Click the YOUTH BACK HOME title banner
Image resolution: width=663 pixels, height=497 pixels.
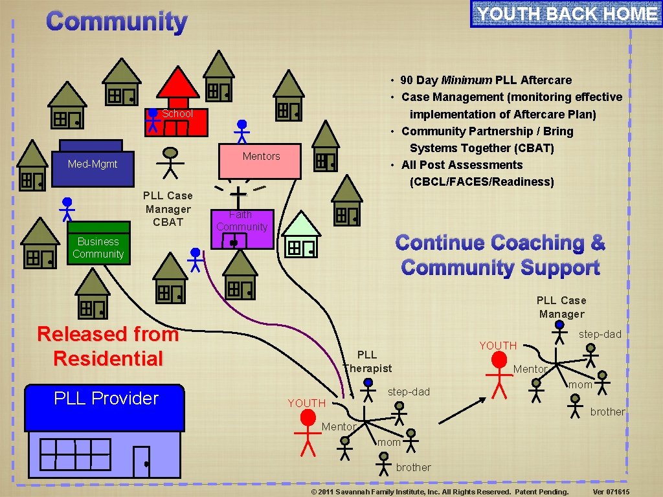(567, 14)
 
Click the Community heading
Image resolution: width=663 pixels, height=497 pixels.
(117, 21)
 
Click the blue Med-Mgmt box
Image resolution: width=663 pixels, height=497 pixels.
(93, 164)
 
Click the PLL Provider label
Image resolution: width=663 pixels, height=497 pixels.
(106, 398)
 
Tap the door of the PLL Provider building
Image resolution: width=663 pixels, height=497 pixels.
(141, 461)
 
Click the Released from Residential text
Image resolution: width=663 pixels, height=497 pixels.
(107, 346)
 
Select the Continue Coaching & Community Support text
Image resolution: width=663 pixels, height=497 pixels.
(500, 255)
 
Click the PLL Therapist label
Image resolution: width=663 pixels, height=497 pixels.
(367, 362)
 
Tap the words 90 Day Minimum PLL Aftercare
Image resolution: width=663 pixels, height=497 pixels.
(486, 80)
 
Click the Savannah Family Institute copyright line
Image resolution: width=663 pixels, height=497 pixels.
(440, 492)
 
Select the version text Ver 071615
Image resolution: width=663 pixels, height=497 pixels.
(611, 492)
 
